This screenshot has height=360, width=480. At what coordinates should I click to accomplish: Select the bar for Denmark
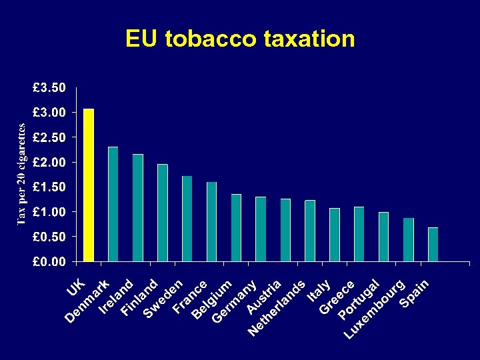113,204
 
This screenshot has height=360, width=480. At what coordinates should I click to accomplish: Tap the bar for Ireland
138,207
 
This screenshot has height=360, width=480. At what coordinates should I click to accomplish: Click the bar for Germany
236,228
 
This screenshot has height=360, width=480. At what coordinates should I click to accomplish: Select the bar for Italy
335,235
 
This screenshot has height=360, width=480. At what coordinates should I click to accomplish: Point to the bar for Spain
433,244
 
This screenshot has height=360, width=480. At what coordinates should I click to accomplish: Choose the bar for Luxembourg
408,239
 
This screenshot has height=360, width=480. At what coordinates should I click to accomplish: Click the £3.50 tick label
50,87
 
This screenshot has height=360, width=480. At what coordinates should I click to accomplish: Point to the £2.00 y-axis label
50,162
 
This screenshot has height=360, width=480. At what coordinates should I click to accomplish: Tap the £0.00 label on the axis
50,261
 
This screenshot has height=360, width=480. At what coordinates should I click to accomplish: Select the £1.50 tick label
50,187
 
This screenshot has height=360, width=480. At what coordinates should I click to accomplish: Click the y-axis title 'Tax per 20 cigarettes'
21,174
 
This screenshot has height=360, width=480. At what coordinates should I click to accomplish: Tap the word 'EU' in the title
141,39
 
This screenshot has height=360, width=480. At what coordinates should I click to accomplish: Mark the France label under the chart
190,296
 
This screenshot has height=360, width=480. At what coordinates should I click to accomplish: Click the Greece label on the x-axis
336,297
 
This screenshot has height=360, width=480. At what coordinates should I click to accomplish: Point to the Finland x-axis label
140,297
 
